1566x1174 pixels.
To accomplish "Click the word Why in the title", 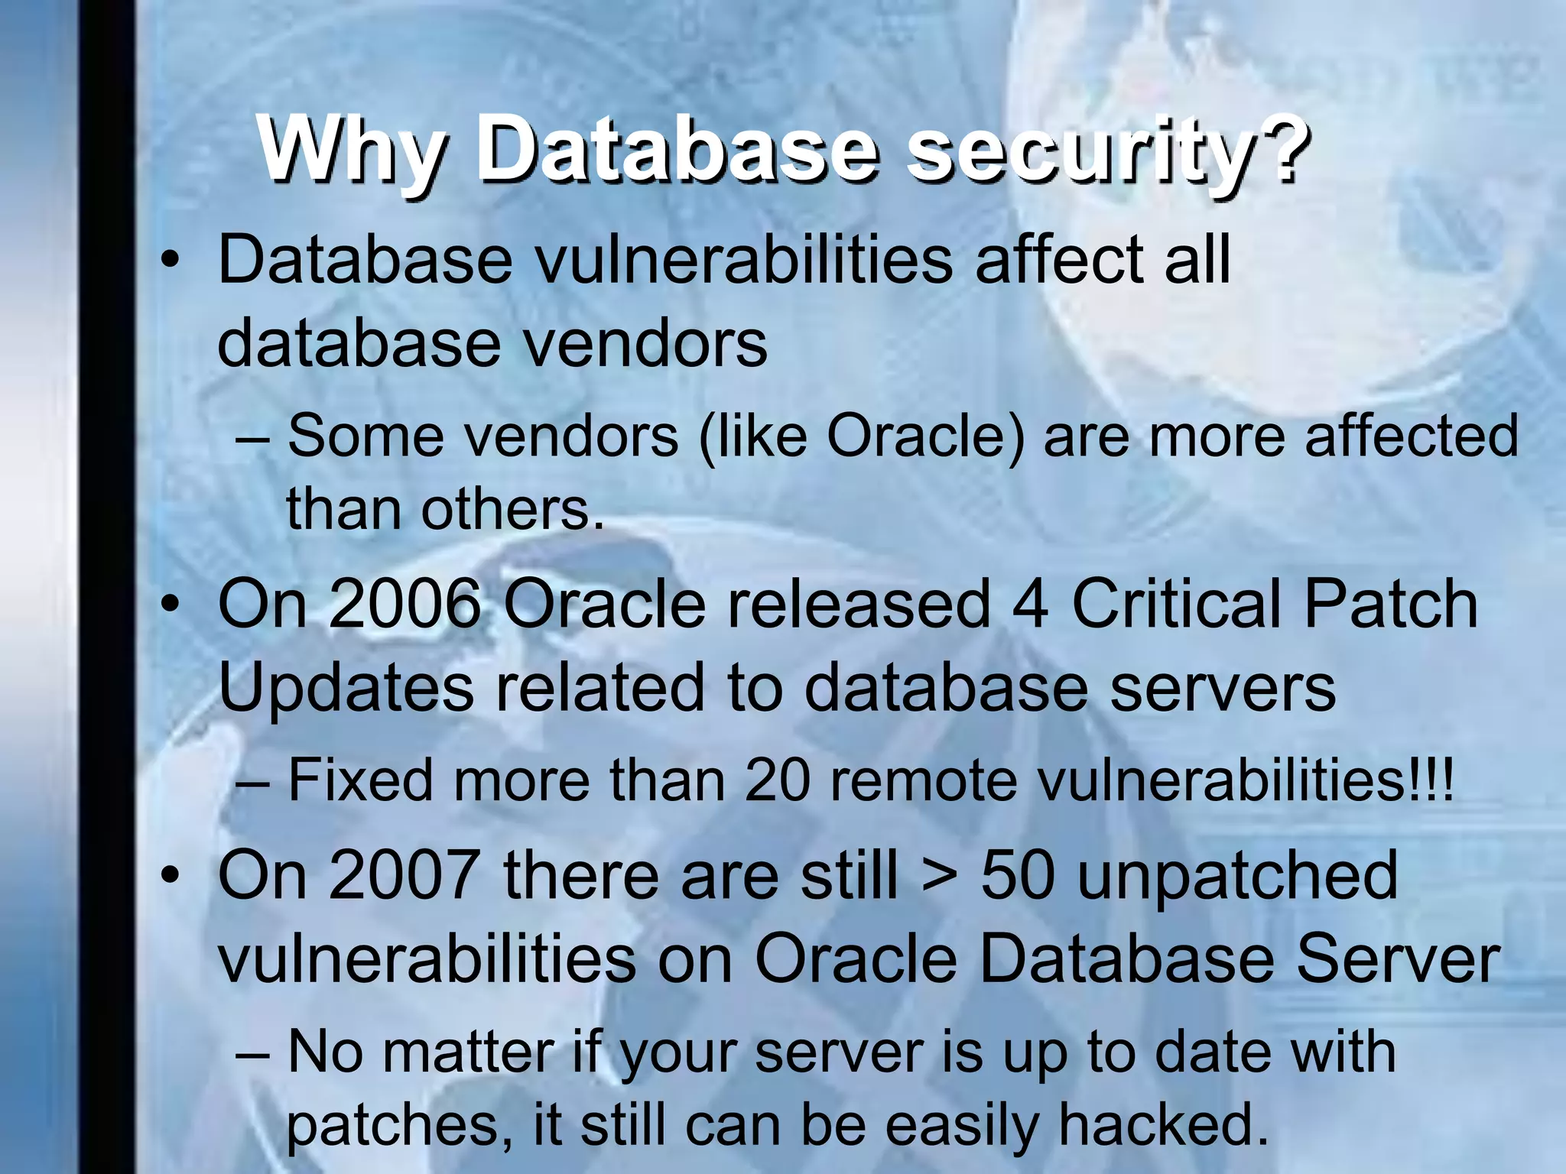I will [349, 149].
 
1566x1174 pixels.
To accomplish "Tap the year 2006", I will [404, 604].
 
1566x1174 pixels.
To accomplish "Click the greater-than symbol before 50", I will [939, 877].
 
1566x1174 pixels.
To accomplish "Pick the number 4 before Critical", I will [1030, 604].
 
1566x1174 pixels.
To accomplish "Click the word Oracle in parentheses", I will [924, 436].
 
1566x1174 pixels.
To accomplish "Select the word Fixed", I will [360, 780].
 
